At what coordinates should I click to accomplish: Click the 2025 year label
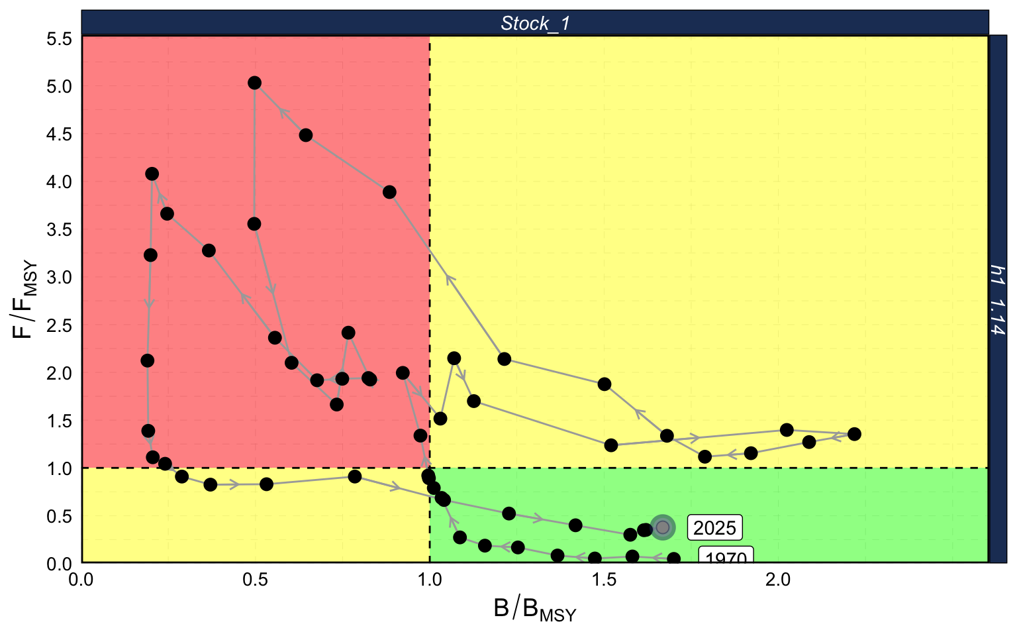click(714, 528)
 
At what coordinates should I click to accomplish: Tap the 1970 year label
click(726, 558)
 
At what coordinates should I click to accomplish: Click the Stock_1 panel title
click(535, 24)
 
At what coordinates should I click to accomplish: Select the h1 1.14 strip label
click(997, 300)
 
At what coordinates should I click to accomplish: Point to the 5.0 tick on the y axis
click(58, 87)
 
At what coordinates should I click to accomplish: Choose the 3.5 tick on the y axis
click(58, 230)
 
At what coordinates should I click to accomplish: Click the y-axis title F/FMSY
click(24, 300)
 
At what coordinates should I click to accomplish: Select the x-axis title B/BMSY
click(535, 609)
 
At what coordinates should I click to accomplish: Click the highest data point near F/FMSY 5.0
click(254, 83)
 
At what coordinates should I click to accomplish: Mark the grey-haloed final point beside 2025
click(662, 527)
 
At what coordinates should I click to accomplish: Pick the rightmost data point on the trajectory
click(854, 434)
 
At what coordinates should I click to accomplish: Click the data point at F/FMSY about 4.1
click(152, 174)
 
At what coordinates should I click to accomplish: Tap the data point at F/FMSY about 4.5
click(305, 135)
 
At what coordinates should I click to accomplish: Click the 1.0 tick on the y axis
click(58, 468)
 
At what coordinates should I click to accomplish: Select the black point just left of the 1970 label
click(673, 559)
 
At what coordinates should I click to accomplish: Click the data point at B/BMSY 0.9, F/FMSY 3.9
click(389, 192)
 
